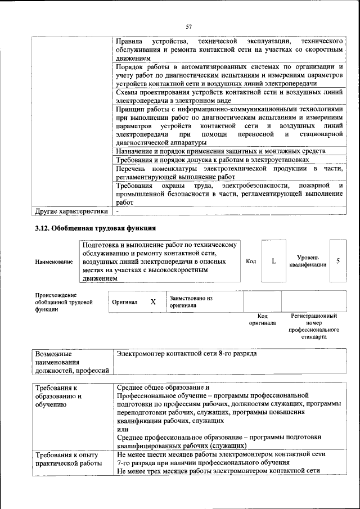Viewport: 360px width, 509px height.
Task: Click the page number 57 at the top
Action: [189, 26]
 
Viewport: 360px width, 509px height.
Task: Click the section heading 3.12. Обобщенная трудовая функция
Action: [94, 228]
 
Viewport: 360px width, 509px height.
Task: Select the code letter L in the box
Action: [274, 261]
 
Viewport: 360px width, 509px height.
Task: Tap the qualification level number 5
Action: [337, 261]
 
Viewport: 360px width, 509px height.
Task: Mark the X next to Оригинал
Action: [153, 301]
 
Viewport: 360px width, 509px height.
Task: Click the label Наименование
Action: [54, 262]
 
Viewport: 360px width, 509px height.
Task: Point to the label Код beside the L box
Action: [251, 261]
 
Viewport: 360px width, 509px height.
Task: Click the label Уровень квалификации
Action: [307, 261]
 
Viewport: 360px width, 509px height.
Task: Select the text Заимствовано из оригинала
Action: [190, 301]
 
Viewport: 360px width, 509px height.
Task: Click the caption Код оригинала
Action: [262, 319]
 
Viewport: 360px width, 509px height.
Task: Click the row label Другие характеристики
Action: [71, 211]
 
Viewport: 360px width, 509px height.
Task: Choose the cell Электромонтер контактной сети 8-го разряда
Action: [187, 355]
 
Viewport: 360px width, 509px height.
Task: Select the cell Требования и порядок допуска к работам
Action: [213, 160]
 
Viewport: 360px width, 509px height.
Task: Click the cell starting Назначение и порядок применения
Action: [220, 151]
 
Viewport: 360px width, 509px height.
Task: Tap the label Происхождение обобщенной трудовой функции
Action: [56, 301]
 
